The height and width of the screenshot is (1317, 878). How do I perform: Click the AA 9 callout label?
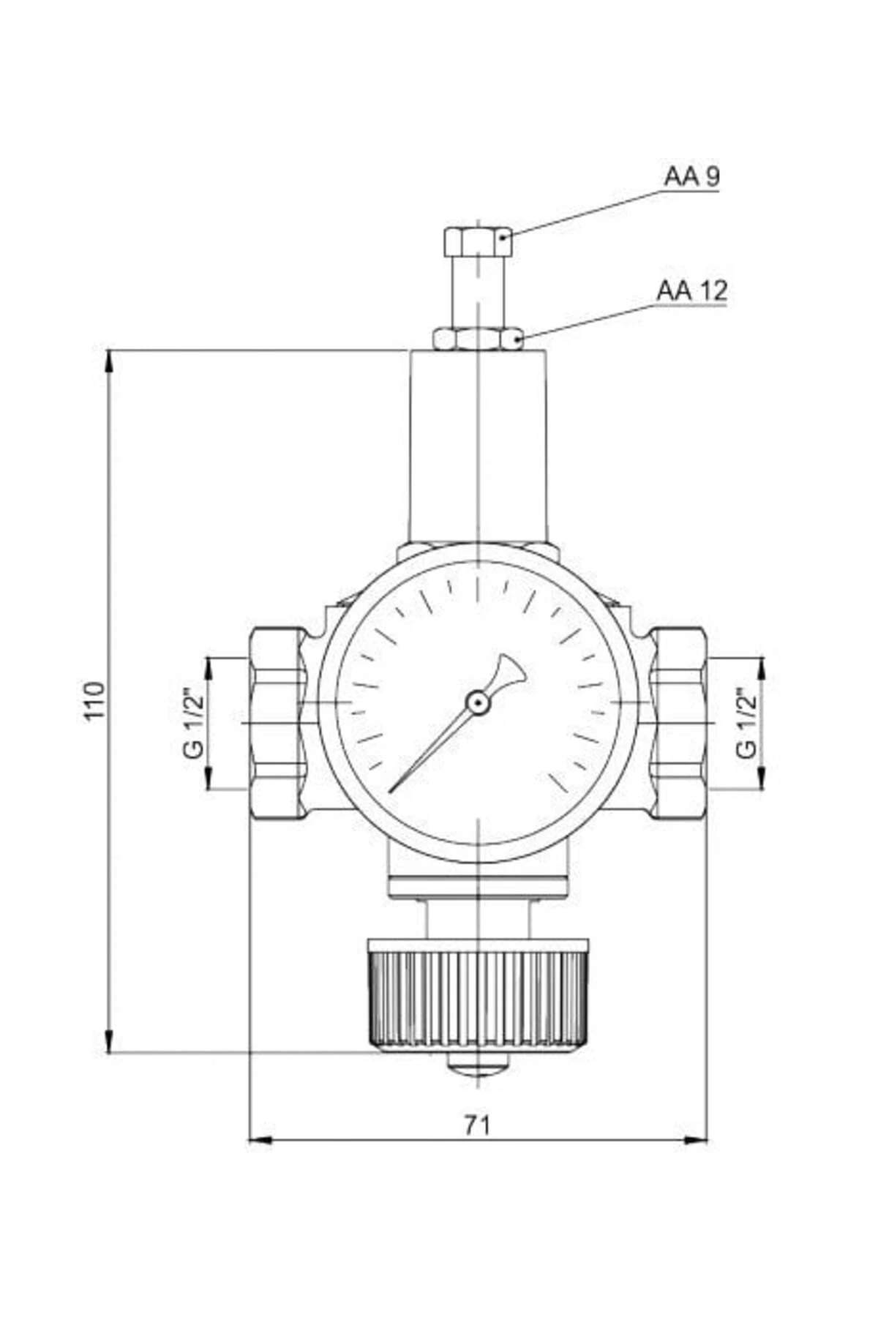[x=691, y=176]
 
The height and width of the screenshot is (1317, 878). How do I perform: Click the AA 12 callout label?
[x=691, y=290]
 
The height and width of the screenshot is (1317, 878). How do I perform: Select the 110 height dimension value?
[x=94, y=700]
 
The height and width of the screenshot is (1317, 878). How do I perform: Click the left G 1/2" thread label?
[x=195, y=722]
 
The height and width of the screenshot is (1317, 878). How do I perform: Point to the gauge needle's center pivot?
[x=477, y=703]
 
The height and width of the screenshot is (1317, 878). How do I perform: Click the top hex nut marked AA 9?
[x=477, y=241]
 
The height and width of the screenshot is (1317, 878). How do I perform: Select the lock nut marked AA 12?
[x=477, y=339]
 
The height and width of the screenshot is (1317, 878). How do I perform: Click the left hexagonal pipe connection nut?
[x=278, y=722]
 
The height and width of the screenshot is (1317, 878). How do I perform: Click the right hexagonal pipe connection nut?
[x=678, y=722]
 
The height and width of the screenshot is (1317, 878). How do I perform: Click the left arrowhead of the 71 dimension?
[x=260, y=1140]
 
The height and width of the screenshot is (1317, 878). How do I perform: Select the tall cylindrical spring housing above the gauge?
[x=477, y=446]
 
